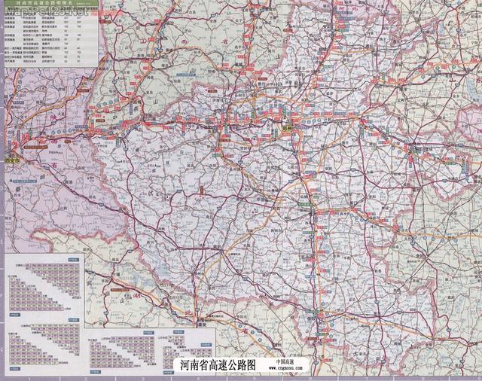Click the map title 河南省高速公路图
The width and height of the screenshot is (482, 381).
[218, 364]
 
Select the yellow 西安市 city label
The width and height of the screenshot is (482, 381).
[10, 160]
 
